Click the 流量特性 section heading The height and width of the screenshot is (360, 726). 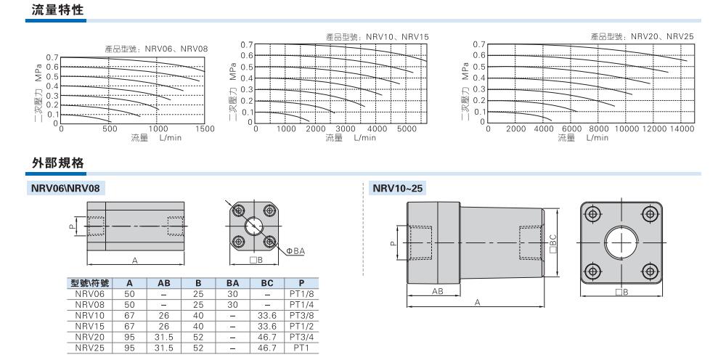pyautogui.click(x=57, y=9)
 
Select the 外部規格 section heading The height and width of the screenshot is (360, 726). pyautogui.click(x=57, y=163)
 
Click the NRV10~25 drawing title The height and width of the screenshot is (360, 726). pyautogui.click(x=397, y=188)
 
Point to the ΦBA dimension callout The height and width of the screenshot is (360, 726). pyautogui.click(x=295, y=251)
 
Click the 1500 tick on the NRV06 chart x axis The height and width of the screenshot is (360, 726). pyautogui.click(x=205, y=129)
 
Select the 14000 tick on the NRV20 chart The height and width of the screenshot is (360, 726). pyautogui.click(x=681, y=128)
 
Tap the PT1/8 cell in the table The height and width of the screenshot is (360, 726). pyautogui.click(x=301, y=294)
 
